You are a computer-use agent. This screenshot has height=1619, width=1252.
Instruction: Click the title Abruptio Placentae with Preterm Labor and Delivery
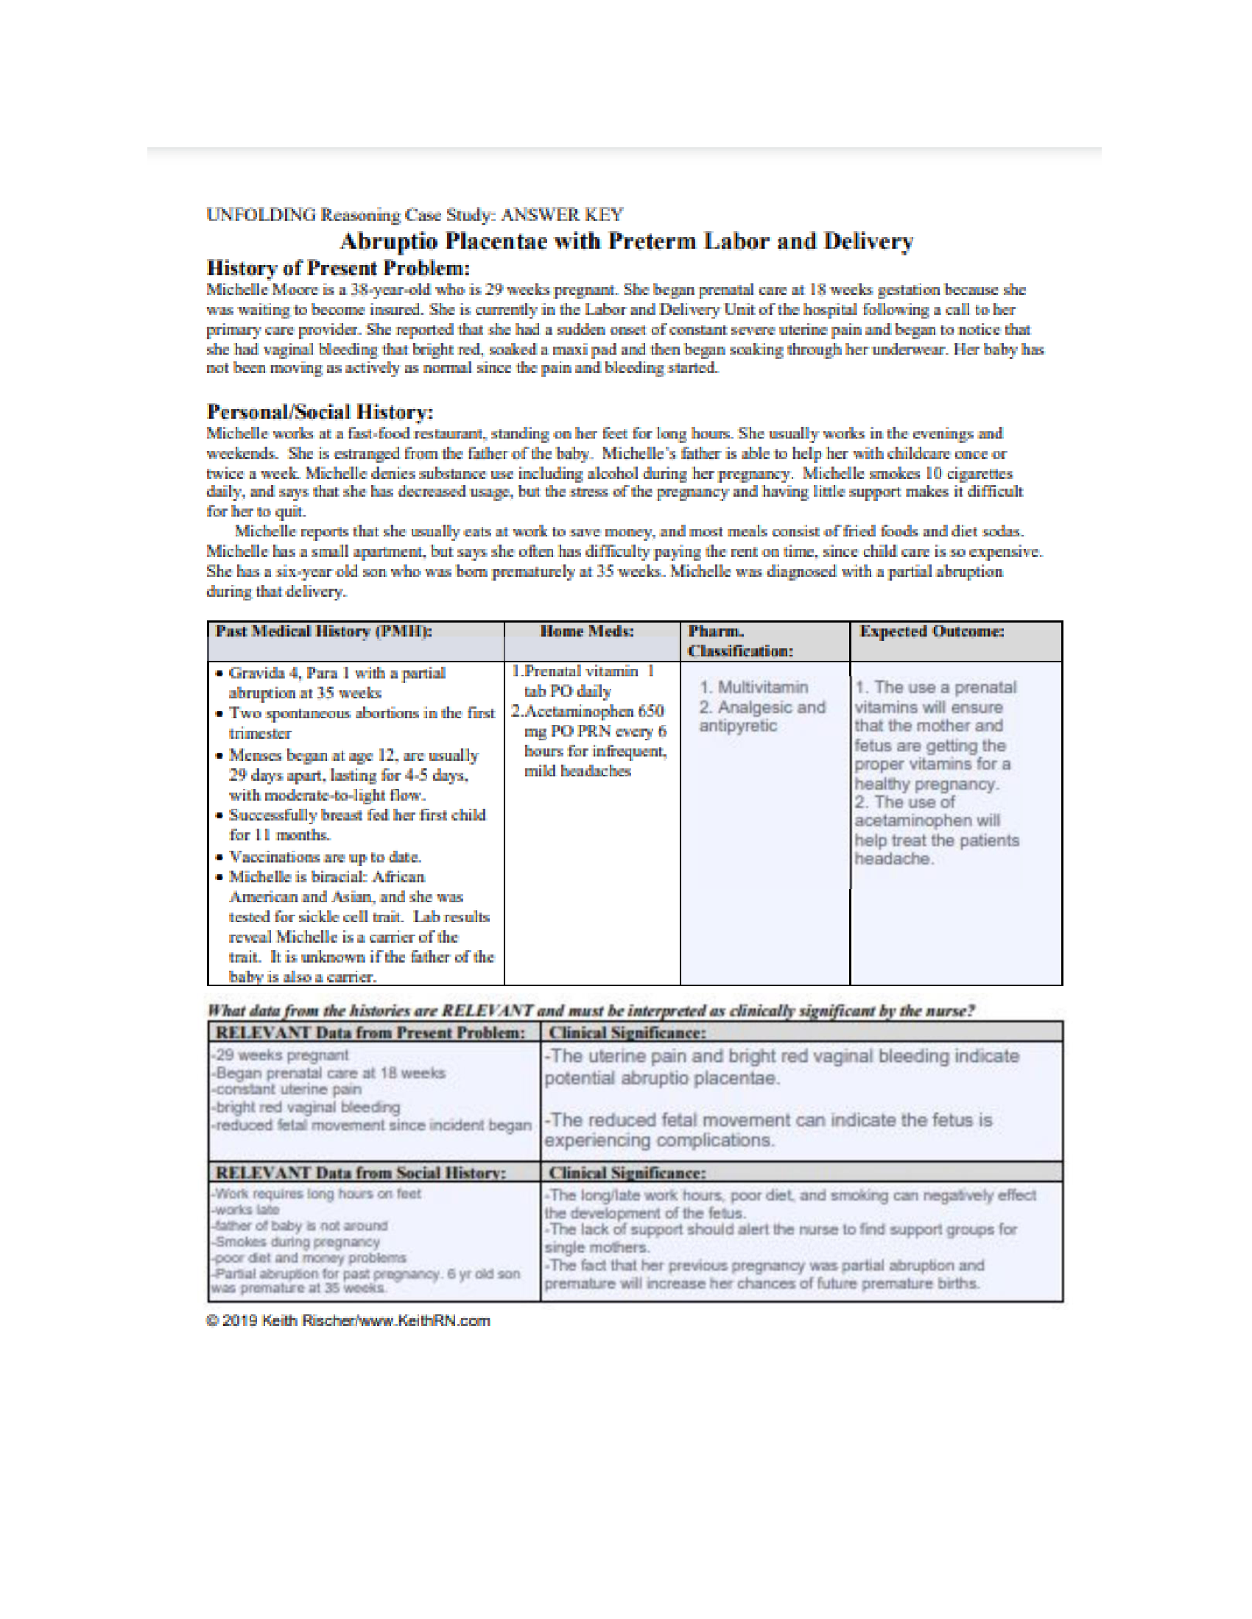point(626,241)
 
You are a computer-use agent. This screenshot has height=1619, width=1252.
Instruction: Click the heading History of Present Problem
point(337,269)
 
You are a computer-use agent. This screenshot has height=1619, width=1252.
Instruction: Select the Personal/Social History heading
point(320,412)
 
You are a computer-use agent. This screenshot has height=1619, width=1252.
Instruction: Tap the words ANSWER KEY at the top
point(561,215)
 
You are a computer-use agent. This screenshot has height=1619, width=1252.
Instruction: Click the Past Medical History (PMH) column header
point(323,631)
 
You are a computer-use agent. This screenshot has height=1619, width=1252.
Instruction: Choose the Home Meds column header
point(587,631)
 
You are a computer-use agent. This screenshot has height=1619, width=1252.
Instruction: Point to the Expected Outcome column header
point(932,631)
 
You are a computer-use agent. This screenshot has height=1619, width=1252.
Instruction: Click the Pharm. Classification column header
point(739,641)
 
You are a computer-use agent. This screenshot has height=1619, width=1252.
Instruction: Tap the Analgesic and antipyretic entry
point(762,717)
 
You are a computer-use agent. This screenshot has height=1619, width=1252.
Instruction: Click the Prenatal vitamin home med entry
point(583,681)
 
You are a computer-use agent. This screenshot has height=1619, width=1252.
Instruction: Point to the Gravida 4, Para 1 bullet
point(337,673)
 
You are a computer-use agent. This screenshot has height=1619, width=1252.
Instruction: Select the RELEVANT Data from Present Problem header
point(370,1032)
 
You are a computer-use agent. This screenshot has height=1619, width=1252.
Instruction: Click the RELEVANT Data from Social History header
point(360,1173)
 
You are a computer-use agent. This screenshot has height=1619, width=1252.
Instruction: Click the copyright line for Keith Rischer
point(348,1321)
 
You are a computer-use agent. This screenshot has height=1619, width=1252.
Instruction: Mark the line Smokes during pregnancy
point(298,1241)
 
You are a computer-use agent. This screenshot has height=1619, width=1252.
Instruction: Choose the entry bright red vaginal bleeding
point(306,1108)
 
